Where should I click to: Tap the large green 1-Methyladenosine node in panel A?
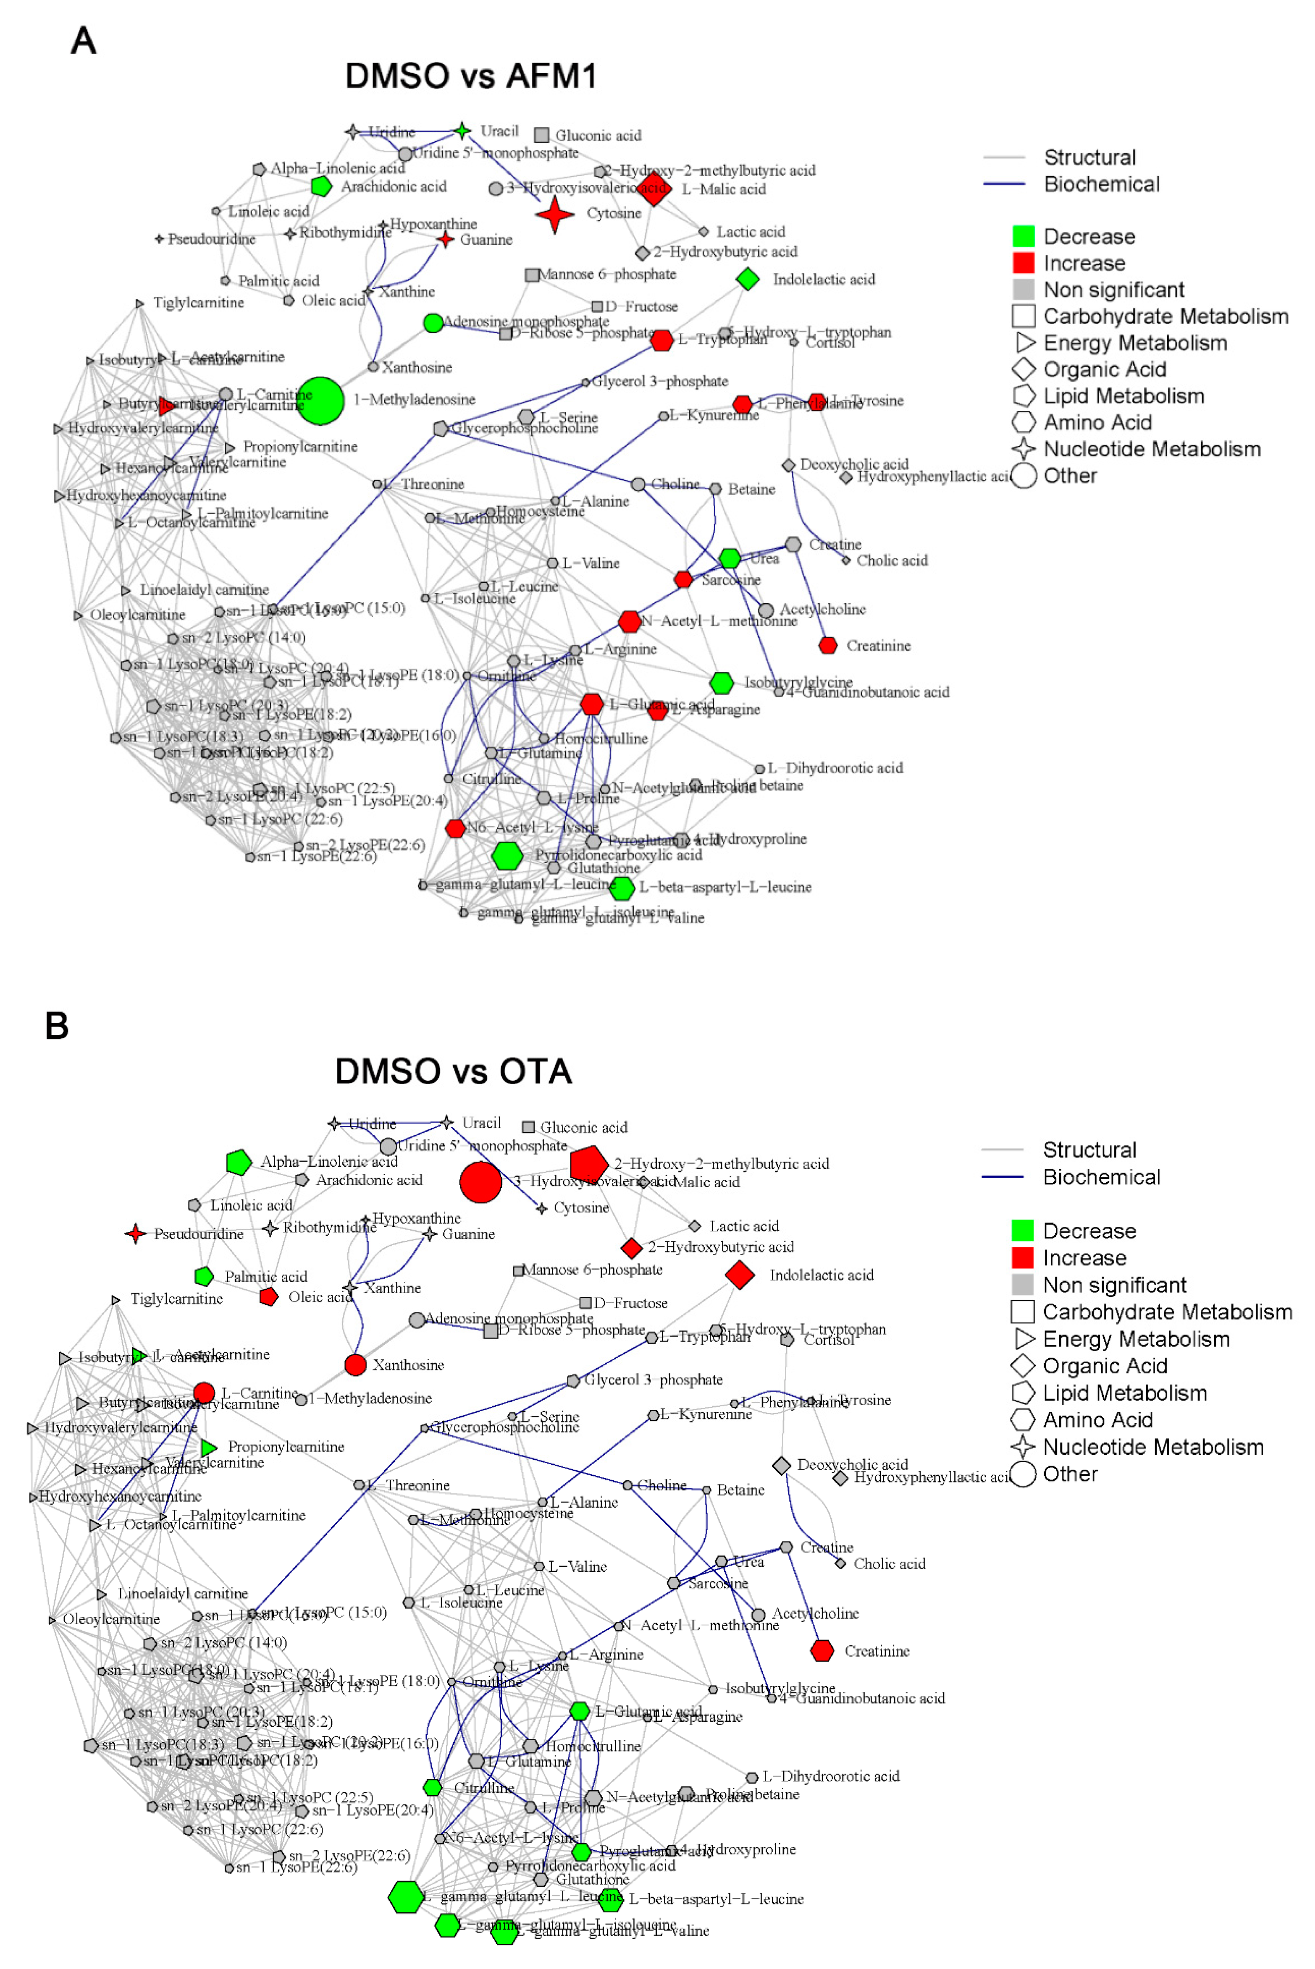320,401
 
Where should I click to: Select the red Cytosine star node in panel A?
554,215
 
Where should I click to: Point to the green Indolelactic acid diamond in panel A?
747,279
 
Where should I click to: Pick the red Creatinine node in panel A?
828,645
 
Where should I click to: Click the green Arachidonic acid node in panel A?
321,186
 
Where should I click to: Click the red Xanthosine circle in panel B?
356,1364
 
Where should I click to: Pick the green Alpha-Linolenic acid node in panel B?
239,1163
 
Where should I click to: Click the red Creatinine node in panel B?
822,1650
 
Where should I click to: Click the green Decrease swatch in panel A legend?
1023,236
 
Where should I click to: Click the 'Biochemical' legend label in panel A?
1101,184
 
